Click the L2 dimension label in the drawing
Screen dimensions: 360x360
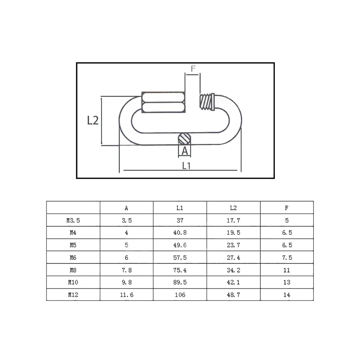pos(93,120)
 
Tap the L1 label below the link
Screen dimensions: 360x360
pos(186,166)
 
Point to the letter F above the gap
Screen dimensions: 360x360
pos(193,68)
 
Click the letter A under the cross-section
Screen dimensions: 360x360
pos(185,151)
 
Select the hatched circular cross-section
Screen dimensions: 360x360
pos(184,139)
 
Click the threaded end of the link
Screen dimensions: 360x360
pos(207,102)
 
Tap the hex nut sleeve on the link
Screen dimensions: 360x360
pos(163,102)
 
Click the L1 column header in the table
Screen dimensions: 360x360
pos(180,208)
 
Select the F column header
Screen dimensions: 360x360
pos(287,208)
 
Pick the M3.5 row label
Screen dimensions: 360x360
pos(73,220)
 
